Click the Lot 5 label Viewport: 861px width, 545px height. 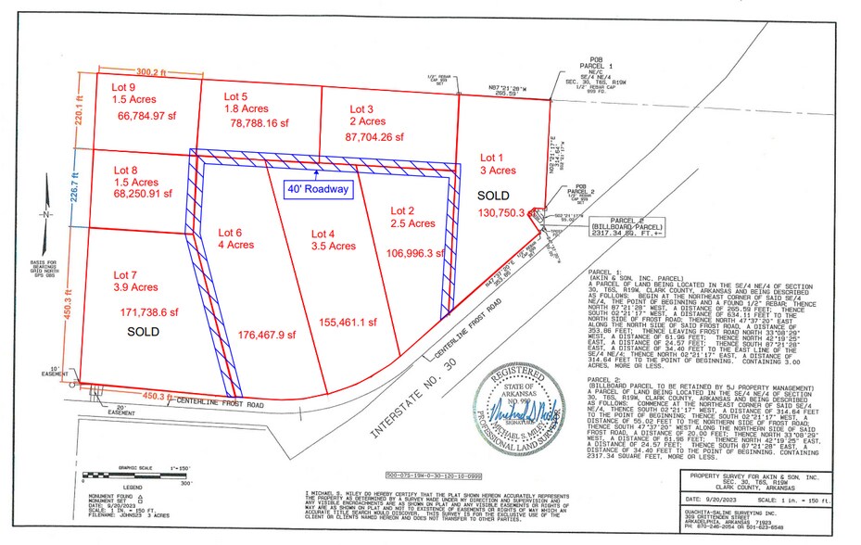coord(235,95)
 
